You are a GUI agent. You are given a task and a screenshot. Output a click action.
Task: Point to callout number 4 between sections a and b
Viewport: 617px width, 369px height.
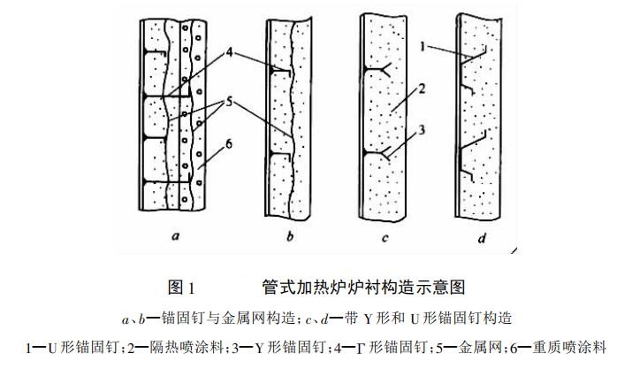(231, 50)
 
